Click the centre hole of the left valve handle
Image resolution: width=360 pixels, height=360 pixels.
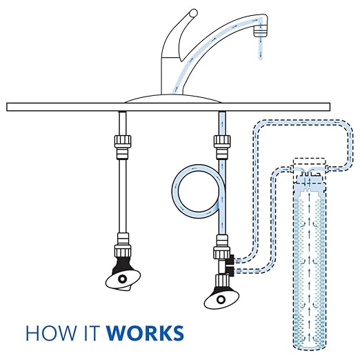tap(123, 278)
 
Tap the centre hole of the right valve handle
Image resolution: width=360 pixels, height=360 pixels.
tap(221, 299)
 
